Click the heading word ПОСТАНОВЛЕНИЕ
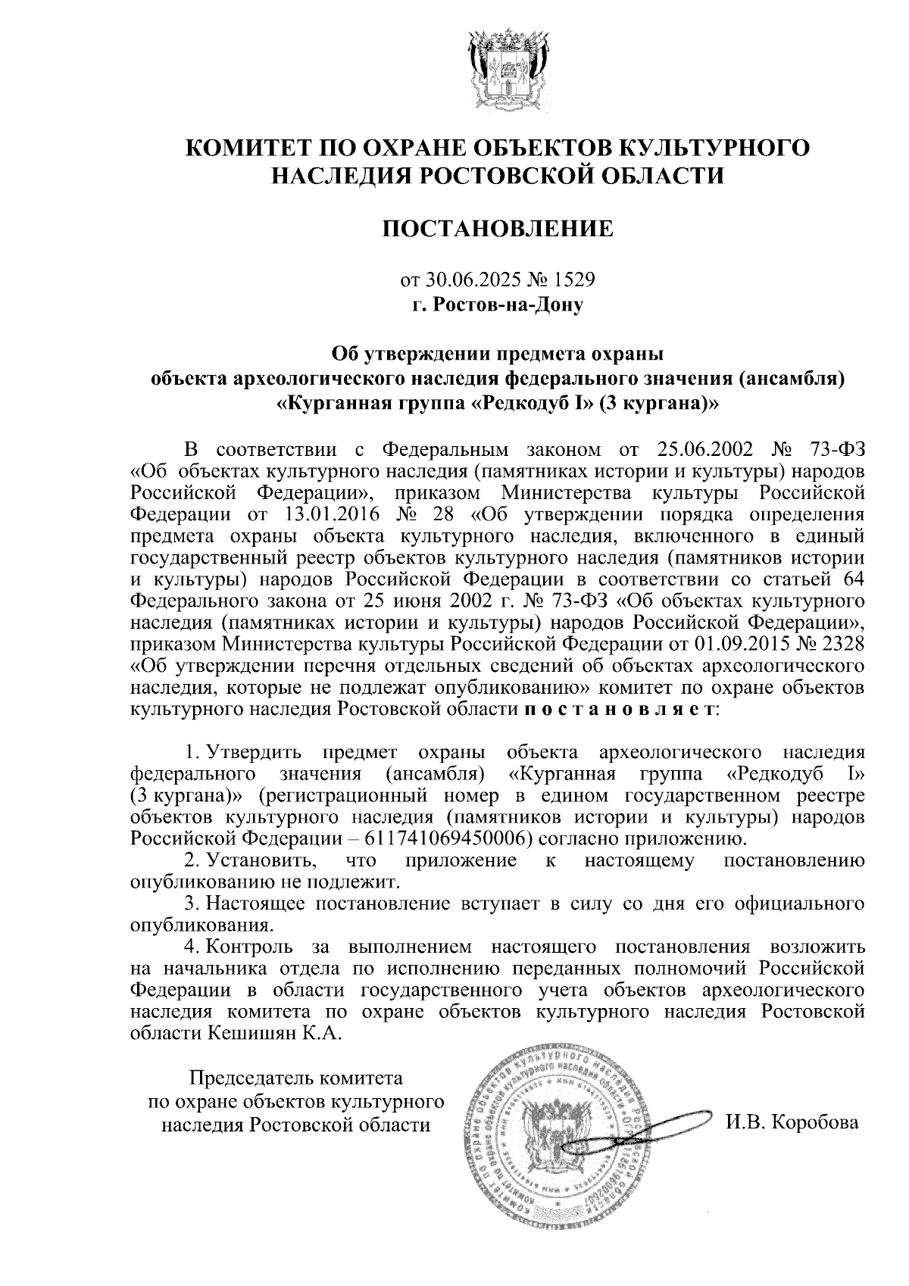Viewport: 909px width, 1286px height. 497,229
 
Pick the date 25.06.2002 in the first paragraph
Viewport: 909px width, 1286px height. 705,450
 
